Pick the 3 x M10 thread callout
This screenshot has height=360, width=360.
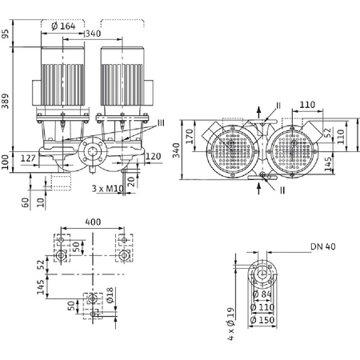[x=106, y=189]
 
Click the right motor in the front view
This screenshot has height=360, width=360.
[x=122, y=76]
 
